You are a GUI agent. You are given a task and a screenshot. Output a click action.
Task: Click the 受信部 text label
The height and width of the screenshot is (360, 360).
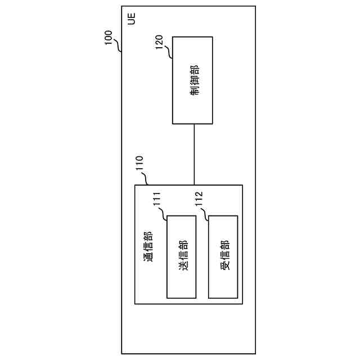click(224, 256)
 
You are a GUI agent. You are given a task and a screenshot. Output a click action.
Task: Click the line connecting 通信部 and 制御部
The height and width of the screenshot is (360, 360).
click(194, 154)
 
